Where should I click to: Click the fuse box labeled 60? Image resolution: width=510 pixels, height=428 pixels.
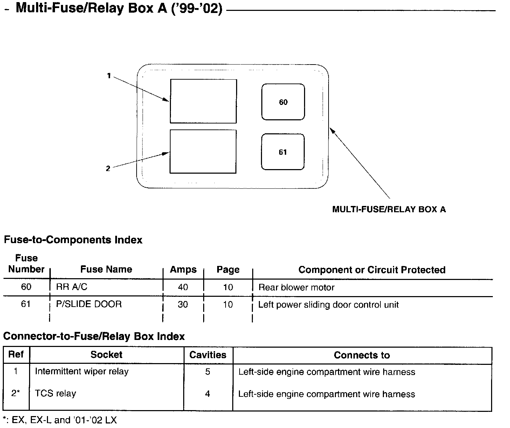coord(283,102)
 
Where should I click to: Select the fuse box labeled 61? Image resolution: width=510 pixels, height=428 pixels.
coord(283,152)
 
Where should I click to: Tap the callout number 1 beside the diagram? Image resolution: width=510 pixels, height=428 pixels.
coord(109,75)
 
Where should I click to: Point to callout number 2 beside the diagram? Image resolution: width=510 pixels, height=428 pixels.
coord(108,169)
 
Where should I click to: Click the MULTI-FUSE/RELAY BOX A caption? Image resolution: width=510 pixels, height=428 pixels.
coord(389,209)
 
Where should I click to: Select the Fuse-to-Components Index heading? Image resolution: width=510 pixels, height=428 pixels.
coord(73,240)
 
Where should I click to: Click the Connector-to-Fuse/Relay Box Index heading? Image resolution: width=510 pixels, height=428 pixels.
coord(94,336)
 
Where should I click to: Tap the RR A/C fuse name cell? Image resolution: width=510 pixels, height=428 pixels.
coord(72,287)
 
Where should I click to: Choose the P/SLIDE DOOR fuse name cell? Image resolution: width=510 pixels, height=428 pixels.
coord(89,304)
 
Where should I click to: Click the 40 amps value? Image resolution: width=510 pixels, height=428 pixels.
coord(183,287)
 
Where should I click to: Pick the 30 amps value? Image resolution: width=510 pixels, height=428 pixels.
coord(183,305)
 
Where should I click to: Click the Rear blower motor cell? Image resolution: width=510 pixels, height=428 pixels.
coord(296,288)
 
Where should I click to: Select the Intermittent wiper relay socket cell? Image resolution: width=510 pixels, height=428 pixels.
coord(82,372)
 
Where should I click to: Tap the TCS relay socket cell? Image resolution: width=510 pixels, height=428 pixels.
coord(55,394)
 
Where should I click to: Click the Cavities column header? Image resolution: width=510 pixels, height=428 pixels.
coord(208,355)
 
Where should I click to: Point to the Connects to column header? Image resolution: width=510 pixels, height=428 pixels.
coord(362,355)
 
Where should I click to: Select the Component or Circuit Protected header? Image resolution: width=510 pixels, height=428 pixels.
coord(372,270)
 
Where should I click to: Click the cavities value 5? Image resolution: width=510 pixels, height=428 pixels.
coord(208,372)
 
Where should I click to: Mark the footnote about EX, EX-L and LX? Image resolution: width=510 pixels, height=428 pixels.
coord(60,420)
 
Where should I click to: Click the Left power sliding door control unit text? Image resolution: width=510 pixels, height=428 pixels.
coord(328,305)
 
